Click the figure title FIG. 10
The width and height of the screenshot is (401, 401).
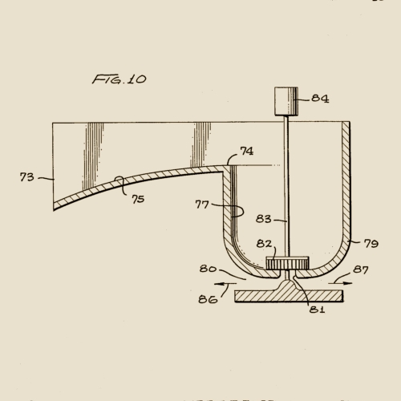tap(119, 79)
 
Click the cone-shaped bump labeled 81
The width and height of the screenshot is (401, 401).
tap(288, 282)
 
